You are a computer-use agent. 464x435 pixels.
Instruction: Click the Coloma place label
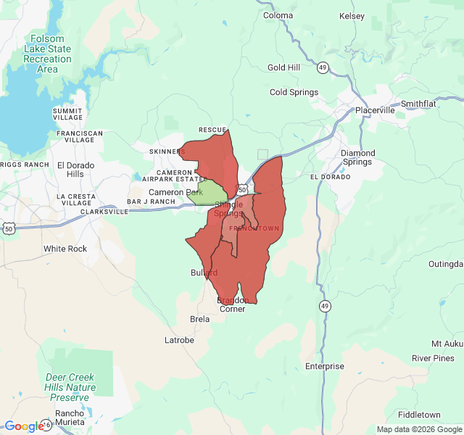click(278, 15)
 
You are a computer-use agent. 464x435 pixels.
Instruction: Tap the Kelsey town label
click(352, 15)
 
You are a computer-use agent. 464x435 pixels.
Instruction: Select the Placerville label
click(375, 110)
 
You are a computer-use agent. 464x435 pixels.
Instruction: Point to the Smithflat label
click(418, 104)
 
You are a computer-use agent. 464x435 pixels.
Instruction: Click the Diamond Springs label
click(358, 157)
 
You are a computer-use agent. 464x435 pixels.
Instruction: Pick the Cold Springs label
click(294, 92)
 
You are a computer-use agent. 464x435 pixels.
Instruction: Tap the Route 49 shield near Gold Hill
click(322, 68)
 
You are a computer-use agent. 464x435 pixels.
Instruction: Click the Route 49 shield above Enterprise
click(324, 306)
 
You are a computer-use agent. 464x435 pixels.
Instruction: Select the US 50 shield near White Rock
click(9, 228)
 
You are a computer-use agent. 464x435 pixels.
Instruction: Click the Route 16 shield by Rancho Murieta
click(47, 424)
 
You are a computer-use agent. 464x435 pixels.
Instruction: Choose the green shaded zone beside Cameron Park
click(210, 193)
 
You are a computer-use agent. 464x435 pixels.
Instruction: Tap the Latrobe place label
click(179, 339)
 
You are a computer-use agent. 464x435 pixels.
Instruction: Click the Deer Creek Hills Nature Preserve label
click(70, 387)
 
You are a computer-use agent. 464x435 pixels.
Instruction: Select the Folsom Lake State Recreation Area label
click(47, 54)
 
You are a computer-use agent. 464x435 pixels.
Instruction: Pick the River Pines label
click(433, 358)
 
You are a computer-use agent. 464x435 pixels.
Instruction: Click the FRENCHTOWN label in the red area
click(254, 228)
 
